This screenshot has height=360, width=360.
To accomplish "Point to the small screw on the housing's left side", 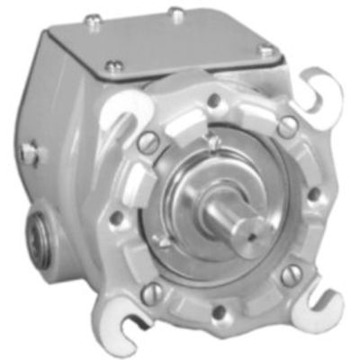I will (30, 153).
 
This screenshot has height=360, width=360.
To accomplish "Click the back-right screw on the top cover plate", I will (177, 14).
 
